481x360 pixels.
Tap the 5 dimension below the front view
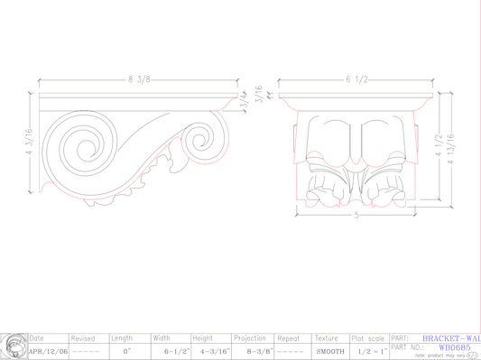356,217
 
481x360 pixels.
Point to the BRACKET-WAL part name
451,337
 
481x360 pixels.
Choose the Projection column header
251,337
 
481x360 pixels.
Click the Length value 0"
126,350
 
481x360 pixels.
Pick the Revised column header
83,337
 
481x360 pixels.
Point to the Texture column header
326,337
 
